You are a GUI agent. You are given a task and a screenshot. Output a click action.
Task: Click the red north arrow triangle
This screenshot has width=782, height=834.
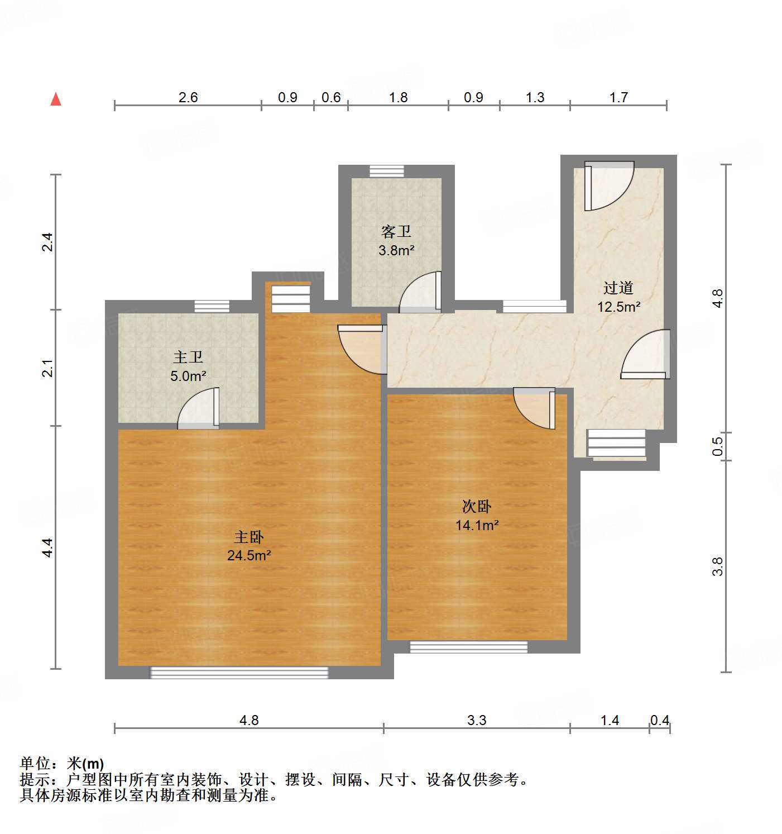coord(56,99)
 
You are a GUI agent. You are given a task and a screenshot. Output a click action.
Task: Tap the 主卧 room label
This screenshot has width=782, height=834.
coord(248,537)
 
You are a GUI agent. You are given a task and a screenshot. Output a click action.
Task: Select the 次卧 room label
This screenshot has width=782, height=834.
coord(476,506)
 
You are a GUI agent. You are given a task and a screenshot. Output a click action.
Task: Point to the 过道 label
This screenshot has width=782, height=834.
coord(618,288)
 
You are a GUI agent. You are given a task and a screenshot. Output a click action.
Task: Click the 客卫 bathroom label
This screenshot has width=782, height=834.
coord(396,231)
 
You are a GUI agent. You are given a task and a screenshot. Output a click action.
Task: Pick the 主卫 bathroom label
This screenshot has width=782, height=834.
coord(188,357)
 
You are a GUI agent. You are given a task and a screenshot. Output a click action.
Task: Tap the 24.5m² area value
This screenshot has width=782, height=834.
coord(249,555)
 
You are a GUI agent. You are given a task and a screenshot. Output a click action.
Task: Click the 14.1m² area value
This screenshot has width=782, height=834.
coord(477,525)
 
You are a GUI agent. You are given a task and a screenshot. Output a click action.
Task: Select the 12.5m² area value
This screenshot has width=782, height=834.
coord(618,307)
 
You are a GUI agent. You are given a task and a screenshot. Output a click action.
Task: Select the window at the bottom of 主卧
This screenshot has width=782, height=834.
coord(239,673)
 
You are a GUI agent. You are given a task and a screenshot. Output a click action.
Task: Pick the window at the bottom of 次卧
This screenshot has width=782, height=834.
coord(469,647)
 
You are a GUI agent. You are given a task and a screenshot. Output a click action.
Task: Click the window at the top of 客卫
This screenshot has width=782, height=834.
coord(387,171)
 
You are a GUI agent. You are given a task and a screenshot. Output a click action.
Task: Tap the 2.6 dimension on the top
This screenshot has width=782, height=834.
coord(188,97)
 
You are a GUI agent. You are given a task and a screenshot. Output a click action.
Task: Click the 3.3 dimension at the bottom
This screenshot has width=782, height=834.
coord(477,720)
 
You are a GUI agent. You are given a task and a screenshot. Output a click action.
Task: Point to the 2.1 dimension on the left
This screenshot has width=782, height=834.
coord(48,369)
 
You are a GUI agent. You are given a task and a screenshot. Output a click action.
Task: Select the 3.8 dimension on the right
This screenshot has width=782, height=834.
coord(718,566)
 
